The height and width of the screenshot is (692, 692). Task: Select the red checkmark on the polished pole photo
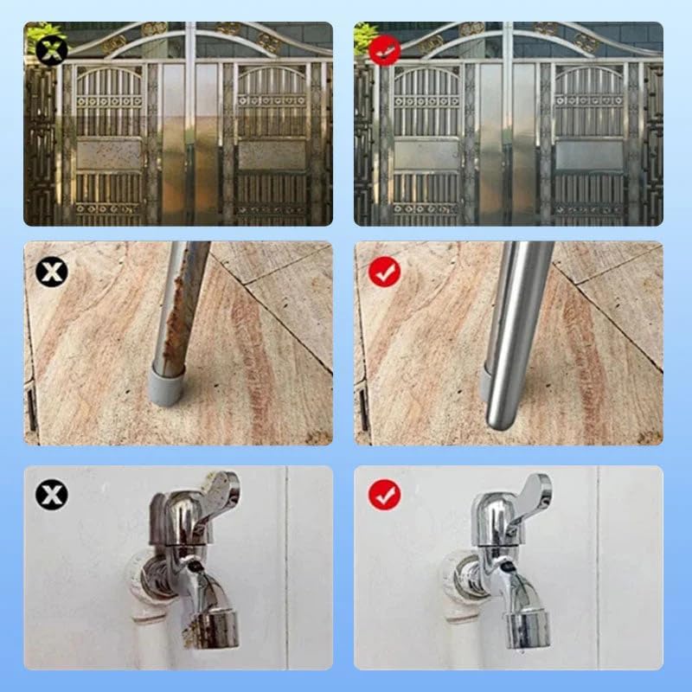(x=384, y=273)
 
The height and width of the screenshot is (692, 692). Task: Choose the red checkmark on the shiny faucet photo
(x=384, y=496)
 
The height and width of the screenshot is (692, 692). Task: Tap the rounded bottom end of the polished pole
(x=498, y=415)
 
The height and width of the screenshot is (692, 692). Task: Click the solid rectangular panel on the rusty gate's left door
(x=108, y=155)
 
